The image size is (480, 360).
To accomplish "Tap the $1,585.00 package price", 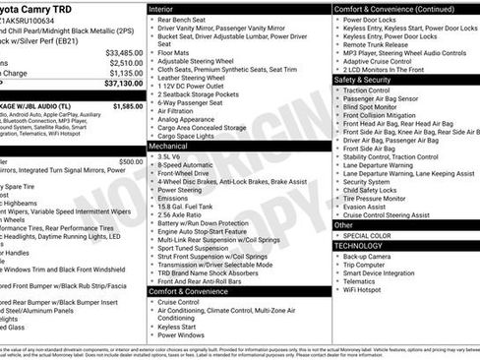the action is [128, 104].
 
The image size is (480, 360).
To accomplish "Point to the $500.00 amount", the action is [131, 161].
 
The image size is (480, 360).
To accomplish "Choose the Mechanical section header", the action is [169, 145].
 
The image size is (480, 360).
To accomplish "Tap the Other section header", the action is [344, 225].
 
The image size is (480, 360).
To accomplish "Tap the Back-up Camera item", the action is [368, 257].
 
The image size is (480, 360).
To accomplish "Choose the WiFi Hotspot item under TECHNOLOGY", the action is [364, 290].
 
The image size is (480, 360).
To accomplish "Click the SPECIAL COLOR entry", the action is [369, 236].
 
